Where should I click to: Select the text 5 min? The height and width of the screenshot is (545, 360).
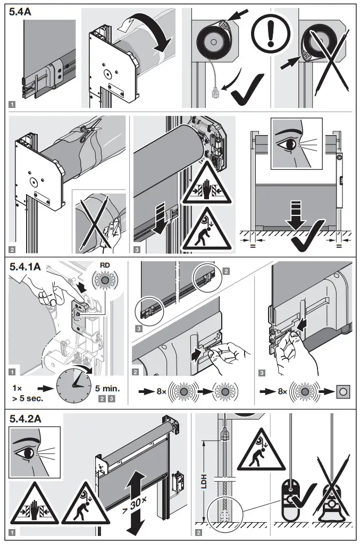tap(107, 388)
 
